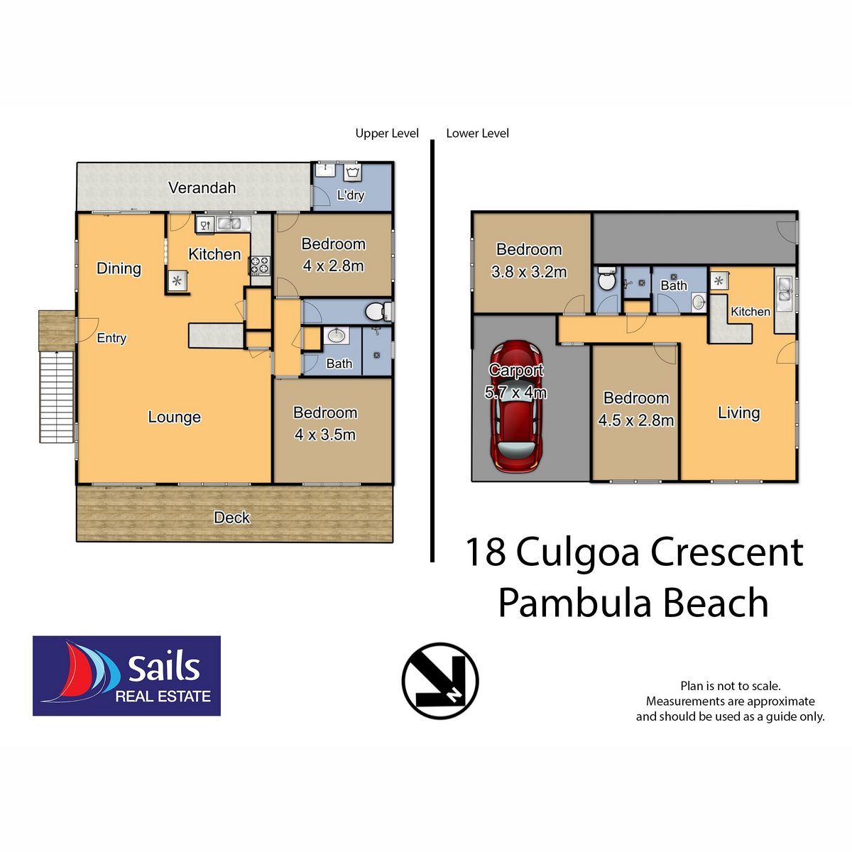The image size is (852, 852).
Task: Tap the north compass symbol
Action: [x=440, y=681]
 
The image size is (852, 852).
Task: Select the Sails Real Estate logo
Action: [x=126, y=676]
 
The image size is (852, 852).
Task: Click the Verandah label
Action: [x=202, y=188]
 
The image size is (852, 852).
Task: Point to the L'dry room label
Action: [x=350, y=195]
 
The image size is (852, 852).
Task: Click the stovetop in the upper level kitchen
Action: [x=259, y=266]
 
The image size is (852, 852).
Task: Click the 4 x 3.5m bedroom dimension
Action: [x=325, y=435]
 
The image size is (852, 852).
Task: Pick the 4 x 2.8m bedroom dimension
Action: [x=333, y=266]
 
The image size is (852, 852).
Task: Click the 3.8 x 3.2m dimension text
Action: [x=529, y=272]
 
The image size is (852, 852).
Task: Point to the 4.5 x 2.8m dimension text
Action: [x=635, y=420]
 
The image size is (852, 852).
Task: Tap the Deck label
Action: [x=232, y=518]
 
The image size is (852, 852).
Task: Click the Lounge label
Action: [x=174, y=417]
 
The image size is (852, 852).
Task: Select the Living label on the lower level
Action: [x=738, y=413]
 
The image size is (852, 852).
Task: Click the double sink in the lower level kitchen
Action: [x=785, y=290]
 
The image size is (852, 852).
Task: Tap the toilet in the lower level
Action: [x=607, y=280]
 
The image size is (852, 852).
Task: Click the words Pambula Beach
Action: [x=633, y=603]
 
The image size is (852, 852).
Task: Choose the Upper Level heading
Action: [x=387, y=133]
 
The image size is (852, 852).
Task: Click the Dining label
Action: [x=119, y=268]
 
